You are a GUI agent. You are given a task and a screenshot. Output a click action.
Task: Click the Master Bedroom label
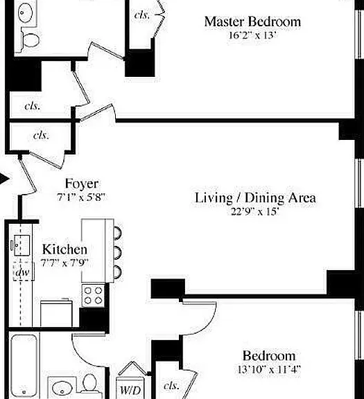(x=252, y=21)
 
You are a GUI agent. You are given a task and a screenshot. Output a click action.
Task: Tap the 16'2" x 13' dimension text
(x=252, y=35)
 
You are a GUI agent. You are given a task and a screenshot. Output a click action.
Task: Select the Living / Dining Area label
(x=255, y=198)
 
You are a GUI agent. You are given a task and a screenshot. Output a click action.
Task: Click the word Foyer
(x=82, y=184)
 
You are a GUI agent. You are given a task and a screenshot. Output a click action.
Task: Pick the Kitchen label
(x=64, y=249)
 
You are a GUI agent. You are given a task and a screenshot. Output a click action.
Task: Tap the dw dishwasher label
(x=23, y=272)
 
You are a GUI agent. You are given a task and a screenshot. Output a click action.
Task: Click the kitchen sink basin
(x=22, y=245)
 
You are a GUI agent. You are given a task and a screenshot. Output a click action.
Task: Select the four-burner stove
(x=93, y=295)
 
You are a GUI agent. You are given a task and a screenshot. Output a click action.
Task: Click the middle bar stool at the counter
(x=118, y=253)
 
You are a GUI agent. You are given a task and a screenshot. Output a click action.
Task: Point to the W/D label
(x=130, y=390)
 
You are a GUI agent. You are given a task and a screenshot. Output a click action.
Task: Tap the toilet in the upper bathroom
(x=31, y=40)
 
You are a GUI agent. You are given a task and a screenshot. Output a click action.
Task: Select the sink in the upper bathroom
(x=25, y=12)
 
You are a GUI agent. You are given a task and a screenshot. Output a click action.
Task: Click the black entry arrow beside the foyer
(x=4, y=179)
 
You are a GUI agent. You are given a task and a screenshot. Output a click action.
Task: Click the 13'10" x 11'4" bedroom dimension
(x=269, y=369)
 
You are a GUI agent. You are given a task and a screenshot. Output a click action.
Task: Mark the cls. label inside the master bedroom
(x=142, y=15)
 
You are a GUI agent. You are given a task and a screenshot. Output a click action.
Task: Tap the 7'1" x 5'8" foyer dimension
(x=81, y=197)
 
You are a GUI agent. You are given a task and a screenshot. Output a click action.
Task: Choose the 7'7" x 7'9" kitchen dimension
(x=64, y=263)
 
